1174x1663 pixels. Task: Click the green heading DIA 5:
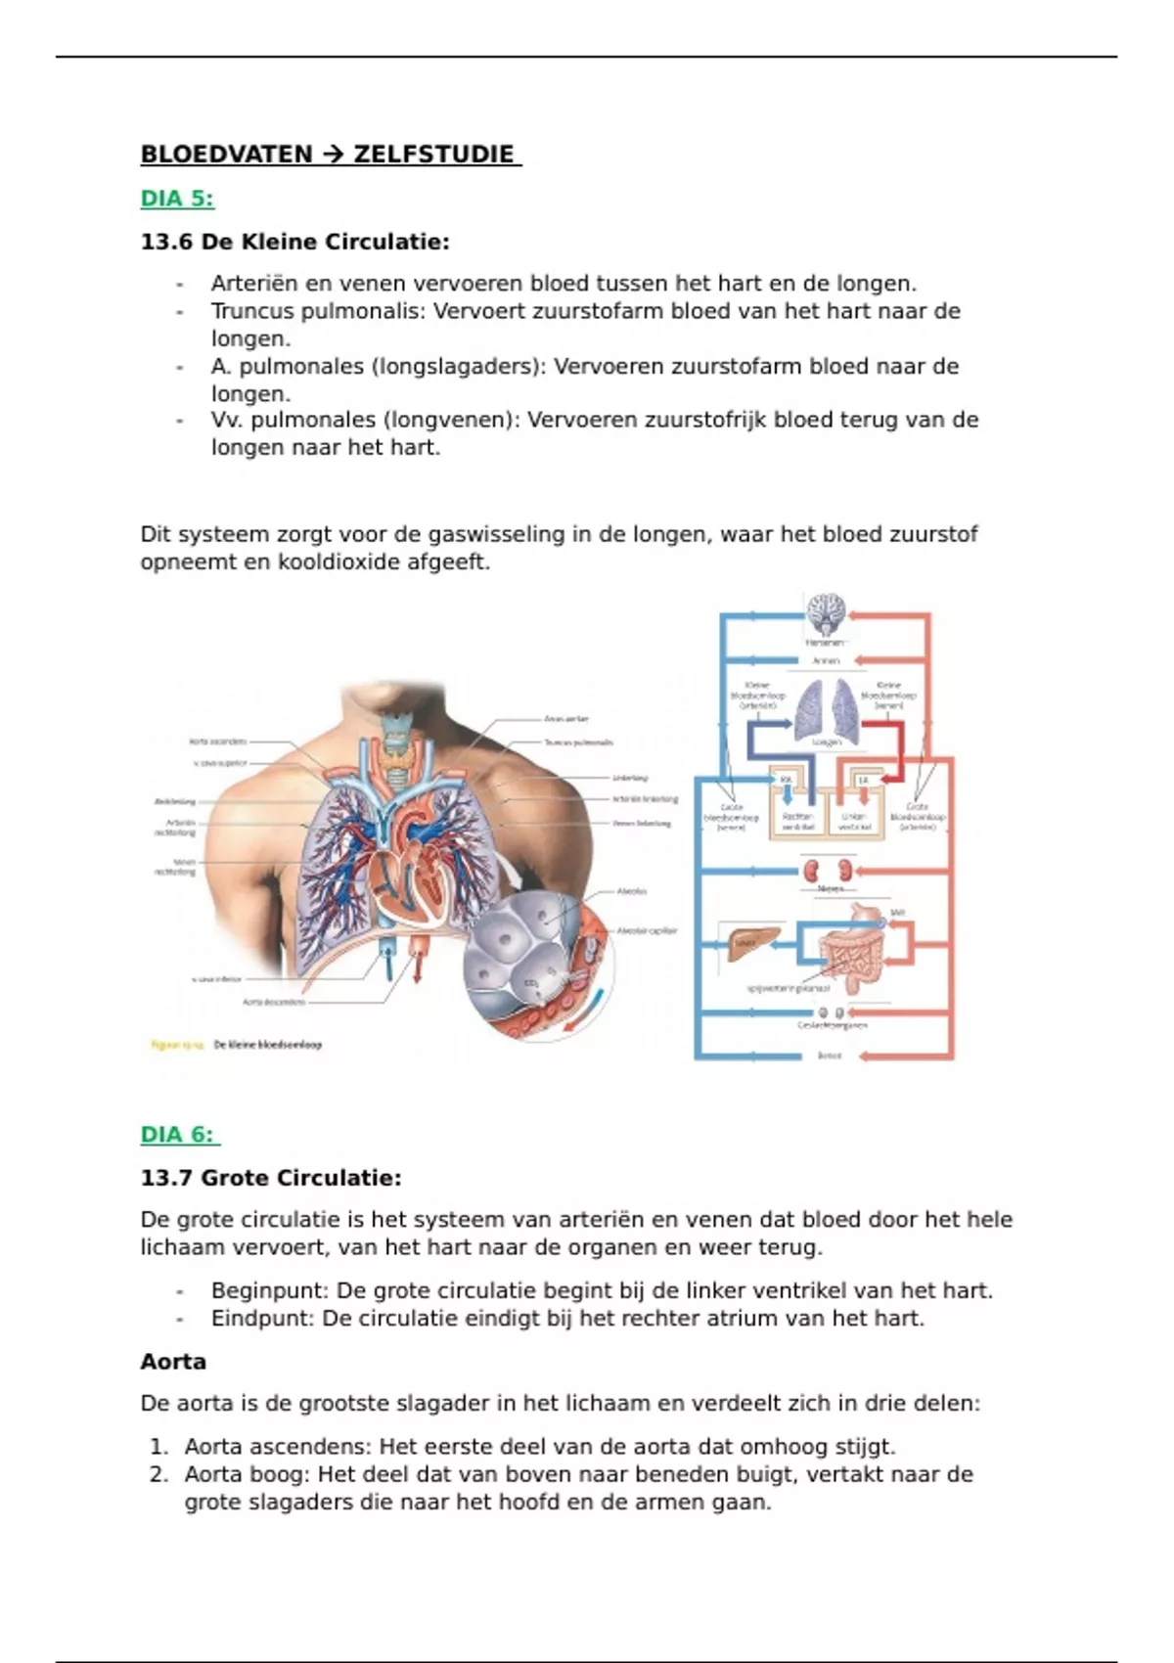click(x=177, y=199)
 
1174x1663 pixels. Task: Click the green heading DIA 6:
click(x=179, y=1135)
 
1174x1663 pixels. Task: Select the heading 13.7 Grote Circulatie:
click(x=271, y=1178)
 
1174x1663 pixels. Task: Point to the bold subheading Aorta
click(x=173, y=1362)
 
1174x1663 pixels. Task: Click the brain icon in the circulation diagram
click(x=826, y=614)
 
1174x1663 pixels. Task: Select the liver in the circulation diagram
click(x=749, y=941)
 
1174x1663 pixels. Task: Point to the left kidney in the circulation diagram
click(x=811, y=871)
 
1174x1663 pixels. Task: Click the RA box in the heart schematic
click(x=785, y=780)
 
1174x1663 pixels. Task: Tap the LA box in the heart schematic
click(x=863, y=780)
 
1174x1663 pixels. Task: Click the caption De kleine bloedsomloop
click(x=267, y=1045)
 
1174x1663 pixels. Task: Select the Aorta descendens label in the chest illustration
click(x=274, y=1002)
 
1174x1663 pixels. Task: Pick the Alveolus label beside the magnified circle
click(x=632, y=891)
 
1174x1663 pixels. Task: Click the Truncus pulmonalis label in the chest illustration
click(x=578, y=742)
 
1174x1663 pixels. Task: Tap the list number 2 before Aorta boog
click(x=159, y=1474)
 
